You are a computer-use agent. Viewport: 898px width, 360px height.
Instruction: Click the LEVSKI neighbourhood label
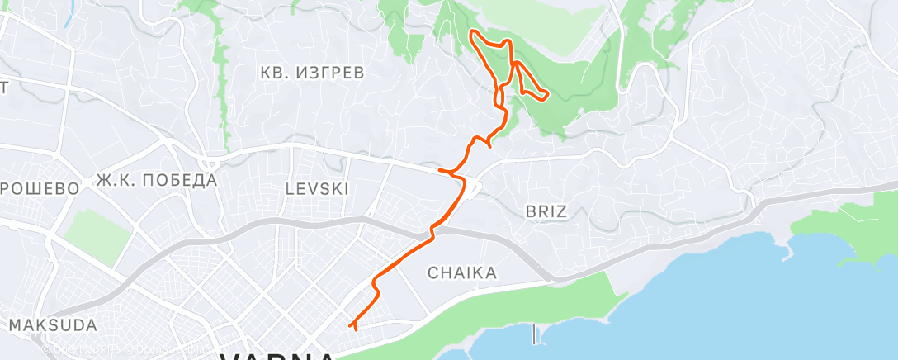click(x=316, y=189)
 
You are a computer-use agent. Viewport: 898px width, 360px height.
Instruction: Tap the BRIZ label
click(x=546, y=211)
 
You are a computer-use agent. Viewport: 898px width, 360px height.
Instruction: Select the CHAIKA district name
click(x=461, y=272)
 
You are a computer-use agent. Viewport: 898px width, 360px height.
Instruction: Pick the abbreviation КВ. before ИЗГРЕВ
click(x=276, y=73)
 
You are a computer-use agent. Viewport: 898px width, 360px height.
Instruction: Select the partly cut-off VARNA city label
click(x=278, y=356)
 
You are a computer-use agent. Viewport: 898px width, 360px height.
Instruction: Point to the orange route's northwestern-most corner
click(x=472, y=32)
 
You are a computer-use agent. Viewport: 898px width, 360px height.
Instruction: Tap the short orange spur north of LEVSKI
click(x=446, y=171)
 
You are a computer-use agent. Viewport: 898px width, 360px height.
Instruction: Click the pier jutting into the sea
click(x=535, y=334)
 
